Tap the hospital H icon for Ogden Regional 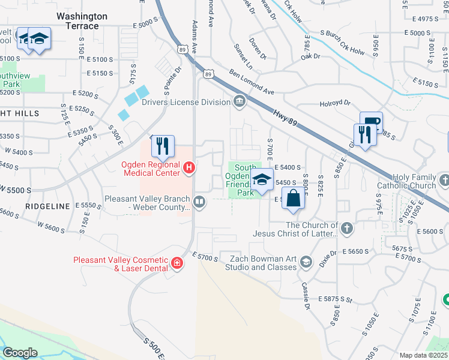pos(189,167)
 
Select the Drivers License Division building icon pos(240,101)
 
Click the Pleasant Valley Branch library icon pos(200,203)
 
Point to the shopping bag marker pos(293,198)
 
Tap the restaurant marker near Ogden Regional pos(162,145)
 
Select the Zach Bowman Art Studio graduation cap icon pos(306,262)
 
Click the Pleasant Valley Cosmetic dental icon pos(176,263)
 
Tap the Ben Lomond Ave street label pos(252,82)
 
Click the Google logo pos(20,353)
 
